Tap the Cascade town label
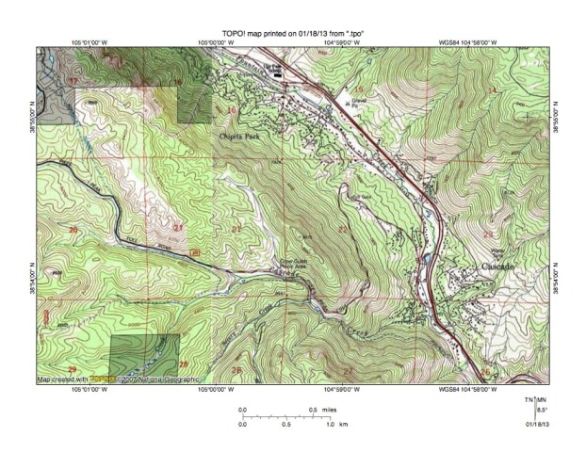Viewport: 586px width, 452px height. [497, 267]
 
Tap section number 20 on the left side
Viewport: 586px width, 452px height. [72, 229]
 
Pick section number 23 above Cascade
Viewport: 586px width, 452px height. [488, 233]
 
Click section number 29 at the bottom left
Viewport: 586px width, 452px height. [72, 368]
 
